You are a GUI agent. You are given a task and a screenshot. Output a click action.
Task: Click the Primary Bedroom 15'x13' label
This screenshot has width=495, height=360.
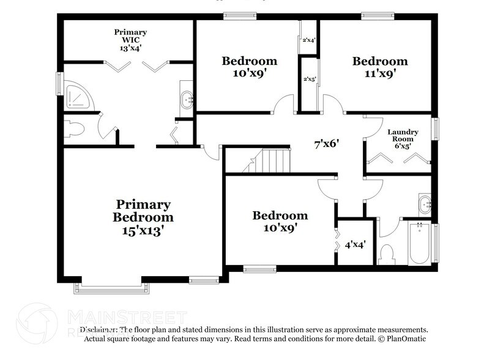pos(143,217)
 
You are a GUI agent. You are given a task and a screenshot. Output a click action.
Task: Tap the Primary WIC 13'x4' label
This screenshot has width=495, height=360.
pos(132,39)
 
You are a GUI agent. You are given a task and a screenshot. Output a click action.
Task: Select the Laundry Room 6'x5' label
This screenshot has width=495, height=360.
pos(401,139)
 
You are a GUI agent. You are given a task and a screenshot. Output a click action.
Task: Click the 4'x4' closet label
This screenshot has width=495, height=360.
pos(355,244)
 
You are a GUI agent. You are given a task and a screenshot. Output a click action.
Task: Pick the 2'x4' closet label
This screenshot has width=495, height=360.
pos(309,40)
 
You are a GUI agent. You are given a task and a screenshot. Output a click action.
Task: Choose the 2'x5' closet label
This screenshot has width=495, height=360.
pos(309,79)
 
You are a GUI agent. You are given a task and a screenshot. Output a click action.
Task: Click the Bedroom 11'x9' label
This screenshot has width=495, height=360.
pos(379,67)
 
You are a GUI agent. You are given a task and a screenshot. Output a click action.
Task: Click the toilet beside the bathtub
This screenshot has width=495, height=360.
pos(387,253)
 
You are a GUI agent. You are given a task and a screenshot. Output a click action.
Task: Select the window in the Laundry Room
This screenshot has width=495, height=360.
pos(436,129)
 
